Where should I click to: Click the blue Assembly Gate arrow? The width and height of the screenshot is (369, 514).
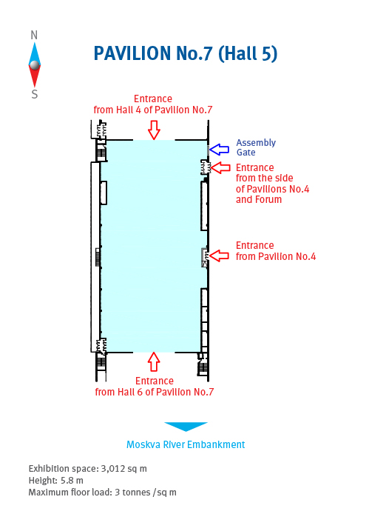point(219,150)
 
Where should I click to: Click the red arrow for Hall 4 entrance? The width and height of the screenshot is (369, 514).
point(154,130)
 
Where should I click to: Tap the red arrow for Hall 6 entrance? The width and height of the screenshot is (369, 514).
point(154,361)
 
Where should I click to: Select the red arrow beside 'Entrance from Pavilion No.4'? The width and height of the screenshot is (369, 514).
point(219,256)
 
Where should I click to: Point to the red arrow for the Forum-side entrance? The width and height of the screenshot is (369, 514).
point(220,167)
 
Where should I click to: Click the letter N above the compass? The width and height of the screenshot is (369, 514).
point(34,35)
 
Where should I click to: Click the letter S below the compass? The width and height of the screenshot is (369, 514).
point(34,94)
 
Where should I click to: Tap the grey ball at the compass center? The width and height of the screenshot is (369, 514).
point(35,65)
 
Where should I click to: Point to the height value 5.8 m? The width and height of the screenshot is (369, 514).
point(72,481)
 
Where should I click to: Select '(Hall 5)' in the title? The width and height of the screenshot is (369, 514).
point(248,53)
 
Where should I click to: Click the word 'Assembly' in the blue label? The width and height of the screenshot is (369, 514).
point(256,143)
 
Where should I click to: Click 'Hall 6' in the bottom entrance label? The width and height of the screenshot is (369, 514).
point(126,392)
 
